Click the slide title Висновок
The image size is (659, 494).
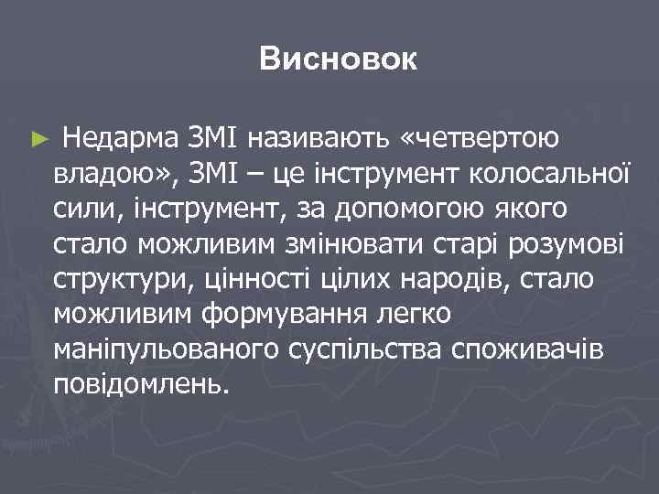point(338,60)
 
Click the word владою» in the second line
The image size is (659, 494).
point(106,174)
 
